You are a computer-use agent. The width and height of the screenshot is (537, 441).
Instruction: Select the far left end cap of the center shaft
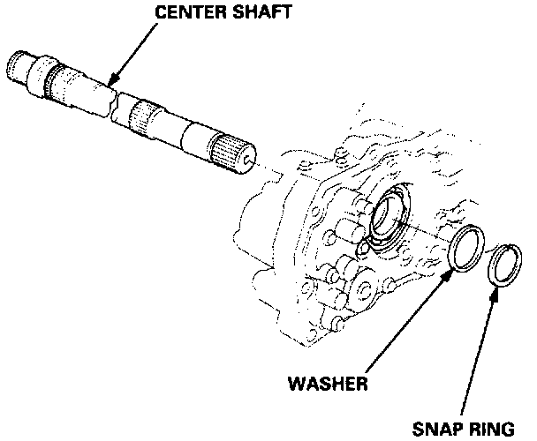point(19,65)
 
